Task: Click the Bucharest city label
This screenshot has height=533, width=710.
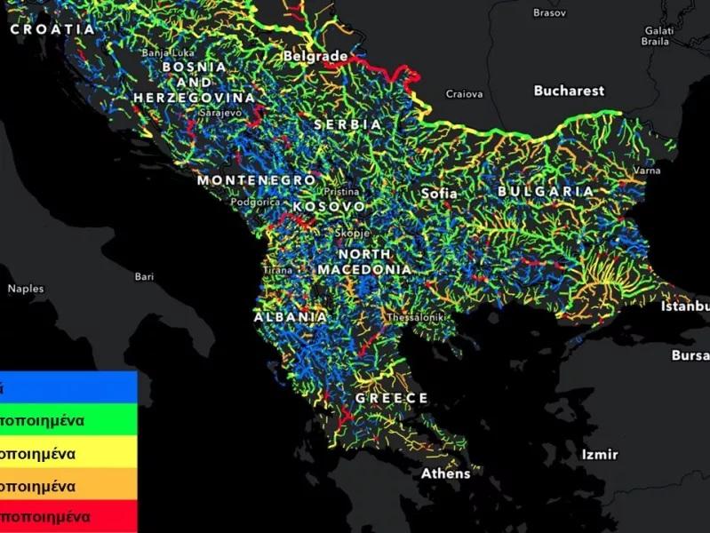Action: (x=569, y=91)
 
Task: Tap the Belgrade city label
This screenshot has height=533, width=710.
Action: (x=315, y=56)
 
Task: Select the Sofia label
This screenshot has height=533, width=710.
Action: (x=439, y=193)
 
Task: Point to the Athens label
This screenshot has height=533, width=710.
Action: (x=445, y=473)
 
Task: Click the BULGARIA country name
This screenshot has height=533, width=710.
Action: (x=545, y=191)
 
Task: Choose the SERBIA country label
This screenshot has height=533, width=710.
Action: (x=348, y=125)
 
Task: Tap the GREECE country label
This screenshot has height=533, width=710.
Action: (x=392, y=398)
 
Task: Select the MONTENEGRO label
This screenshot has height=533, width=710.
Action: (x=256, y=180)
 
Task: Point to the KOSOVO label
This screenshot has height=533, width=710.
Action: (x=328, y=206)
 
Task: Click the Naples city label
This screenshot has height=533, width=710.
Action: (x=26, y=289)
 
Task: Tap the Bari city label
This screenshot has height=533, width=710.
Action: (x=144, y=276)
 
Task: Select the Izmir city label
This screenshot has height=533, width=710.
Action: (x=599, y=454)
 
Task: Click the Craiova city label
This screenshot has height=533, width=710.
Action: (x=464, y=93)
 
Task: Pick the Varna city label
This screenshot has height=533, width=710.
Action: (x=646, y=170)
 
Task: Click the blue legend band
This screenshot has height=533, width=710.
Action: (x=68, y=387)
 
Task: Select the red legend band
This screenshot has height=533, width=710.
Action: (x=68, y=517)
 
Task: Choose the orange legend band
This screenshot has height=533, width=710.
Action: (x=68, y=486)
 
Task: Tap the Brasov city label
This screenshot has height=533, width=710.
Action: (x=548, y=12)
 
